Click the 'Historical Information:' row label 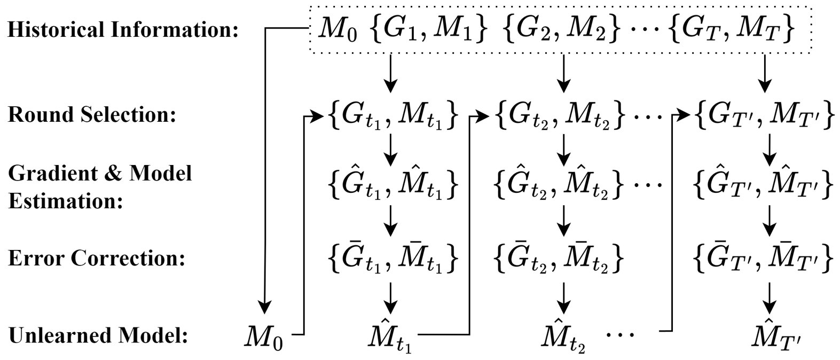click(122, 30)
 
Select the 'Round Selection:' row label click(92, 115)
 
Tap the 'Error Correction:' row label click(96, 259)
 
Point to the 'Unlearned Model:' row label click(98, 336)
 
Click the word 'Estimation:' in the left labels click(66, 202)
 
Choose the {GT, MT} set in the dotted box click(732, 30)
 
